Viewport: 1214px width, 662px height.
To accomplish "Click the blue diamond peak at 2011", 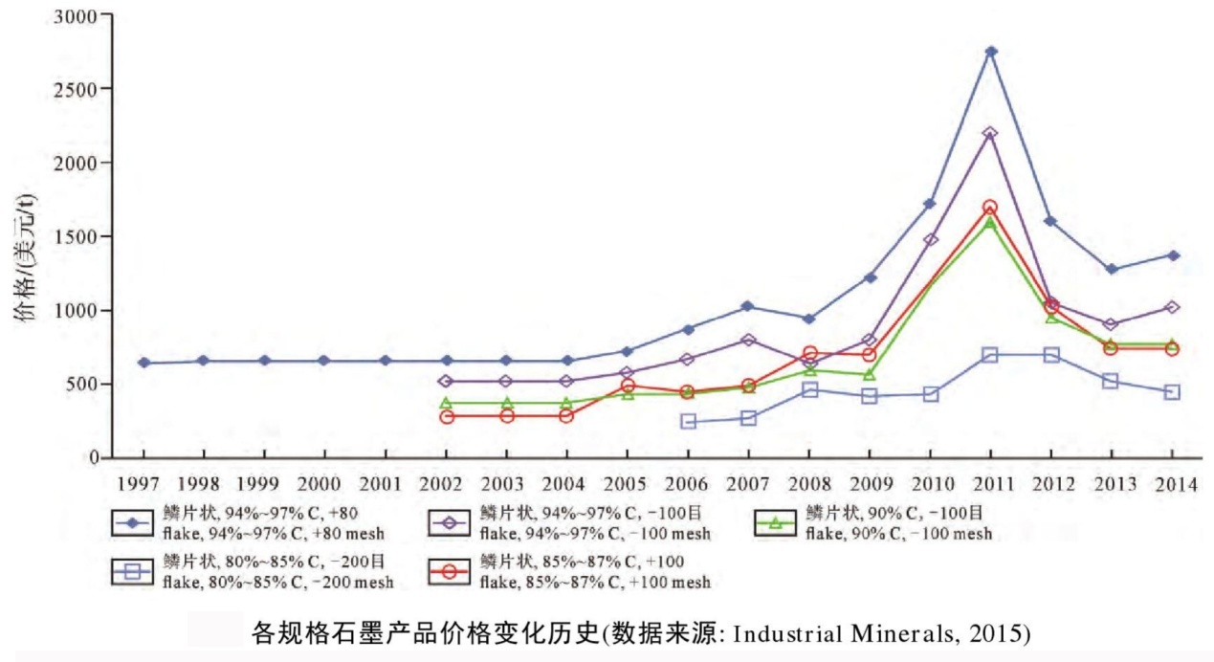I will (x=991, y=52).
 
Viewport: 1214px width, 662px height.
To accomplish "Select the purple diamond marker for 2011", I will (x=991, y=133).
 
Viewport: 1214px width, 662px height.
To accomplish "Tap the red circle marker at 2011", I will (x=991, y=207).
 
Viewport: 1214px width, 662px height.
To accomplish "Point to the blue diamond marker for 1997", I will (x=143, y=363).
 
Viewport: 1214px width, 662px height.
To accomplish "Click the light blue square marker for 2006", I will (x=688, y=422).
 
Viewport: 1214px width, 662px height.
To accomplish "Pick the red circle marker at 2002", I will (x=446, y=416).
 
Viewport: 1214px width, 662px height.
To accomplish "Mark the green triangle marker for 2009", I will (x=870, y=374).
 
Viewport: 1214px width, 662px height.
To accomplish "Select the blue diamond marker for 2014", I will (x=1173, y=255).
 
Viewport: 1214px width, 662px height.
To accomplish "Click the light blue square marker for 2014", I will (x=1173, y=392).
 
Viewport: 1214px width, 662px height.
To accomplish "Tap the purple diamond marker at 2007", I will (x=748, y=340).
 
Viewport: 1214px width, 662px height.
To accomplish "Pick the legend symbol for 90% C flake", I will (x=776, y=523).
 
